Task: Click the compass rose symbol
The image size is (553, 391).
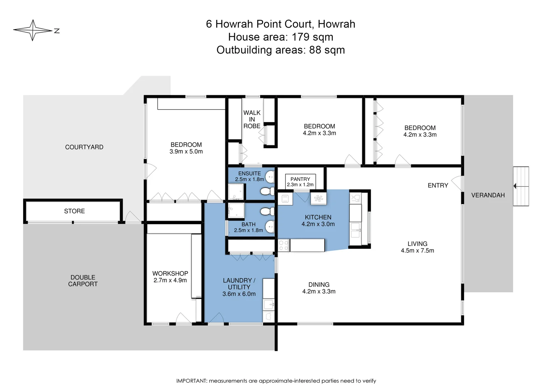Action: (x=33, y=30)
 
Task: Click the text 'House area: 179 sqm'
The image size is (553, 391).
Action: (x=280, y=37)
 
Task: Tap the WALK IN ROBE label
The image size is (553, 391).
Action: (x=252, y=119)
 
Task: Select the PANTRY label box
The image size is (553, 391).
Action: (x=300, y=182)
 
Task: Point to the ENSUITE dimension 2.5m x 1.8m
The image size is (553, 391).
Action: (x=249, y=179)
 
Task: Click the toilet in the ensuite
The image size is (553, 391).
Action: (x=267, y=191)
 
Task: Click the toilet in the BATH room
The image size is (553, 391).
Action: (x=267, y=211)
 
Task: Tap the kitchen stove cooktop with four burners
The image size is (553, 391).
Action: (x=283, y=245)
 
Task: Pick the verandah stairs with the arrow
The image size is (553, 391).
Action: (x=521, y=186)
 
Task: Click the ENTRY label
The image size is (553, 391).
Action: (x=438, y=185)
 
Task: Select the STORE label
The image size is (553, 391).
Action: (x=74, y=211)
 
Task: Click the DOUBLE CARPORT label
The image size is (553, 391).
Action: (x=83, y=281)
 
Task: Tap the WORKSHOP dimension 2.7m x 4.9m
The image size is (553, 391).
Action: (x=170, y=280)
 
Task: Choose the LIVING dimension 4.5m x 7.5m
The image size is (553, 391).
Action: (x=417, y=251)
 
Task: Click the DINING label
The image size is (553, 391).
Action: (x=319, y=285)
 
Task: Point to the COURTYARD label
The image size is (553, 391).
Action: (x=84, y=147)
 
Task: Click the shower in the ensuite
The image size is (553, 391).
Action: (x=236, y=192)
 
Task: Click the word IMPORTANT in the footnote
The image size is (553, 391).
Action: (x=191, y=381)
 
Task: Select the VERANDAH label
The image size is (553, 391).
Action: (x=487, y=195)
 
